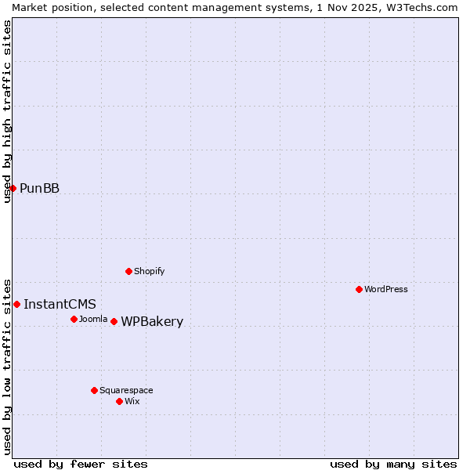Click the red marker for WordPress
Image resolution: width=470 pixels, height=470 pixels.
point(359,289)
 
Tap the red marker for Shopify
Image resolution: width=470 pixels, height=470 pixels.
point(128,271)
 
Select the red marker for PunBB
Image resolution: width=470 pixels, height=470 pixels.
point(13,188)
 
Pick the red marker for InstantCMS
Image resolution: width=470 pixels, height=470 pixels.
point(16,304)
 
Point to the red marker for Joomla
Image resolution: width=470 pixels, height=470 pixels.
point(74,319)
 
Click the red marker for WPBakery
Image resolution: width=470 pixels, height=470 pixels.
point(114,321)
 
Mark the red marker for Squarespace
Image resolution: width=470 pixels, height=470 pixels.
point(94,390)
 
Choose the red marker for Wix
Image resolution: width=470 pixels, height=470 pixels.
point(119,401)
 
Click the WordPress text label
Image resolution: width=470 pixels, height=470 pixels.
point(386,289)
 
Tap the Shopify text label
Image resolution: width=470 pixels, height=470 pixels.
point(150,271)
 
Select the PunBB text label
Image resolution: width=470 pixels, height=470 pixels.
point(39,188)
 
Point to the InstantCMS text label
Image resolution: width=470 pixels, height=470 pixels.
point(60,304)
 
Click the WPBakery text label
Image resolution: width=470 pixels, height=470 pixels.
point(152,321)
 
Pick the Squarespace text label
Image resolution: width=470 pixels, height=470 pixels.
point(126,390)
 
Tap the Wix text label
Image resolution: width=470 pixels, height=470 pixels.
point(132,401)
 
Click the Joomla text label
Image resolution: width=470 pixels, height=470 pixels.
point(93,319)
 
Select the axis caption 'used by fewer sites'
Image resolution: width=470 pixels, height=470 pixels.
point(81,464)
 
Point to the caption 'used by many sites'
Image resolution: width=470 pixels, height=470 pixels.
point(393,464)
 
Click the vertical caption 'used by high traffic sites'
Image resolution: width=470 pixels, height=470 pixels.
point(7,111)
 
